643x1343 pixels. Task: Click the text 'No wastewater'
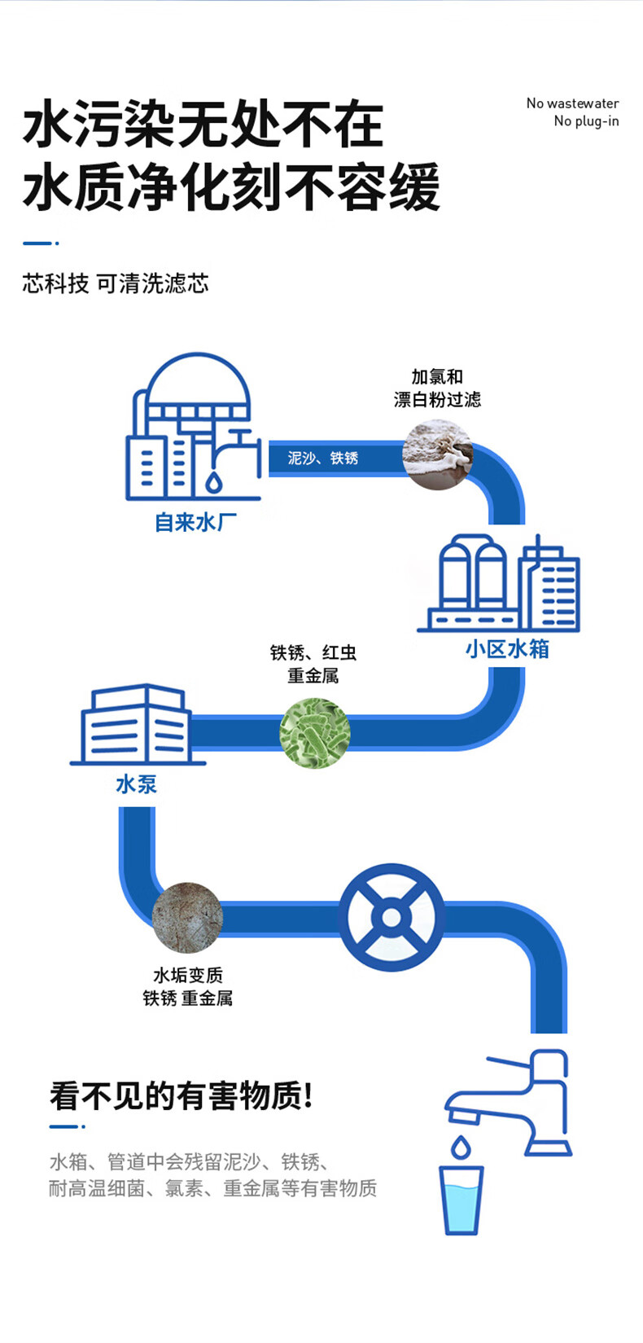572,103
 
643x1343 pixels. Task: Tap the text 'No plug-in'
586,121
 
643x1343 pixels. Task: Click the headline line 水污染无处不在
203,125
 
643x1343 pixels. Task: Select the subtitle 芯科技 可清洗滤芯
116,283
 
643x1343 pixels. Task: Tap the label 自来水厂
196,522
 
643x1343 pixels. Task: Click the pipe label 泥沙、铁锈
323,458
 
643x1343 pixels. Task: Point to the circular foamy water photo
438,454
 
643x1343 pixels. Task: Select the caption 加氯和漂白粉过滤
437,388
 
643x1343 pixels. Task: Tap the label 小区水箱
507,649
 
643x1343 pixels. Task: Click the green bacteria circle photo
315,733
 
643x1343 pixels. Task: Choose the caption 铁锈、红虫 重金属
313,664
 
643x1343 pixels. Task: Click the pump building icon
136,725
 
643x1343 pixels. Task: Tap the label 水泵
136,784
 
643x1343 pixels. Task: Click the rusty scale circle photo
187,917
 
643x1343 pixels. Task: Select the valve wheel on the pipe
391,918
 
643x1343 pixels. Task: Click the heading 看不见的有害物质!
182,1095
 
